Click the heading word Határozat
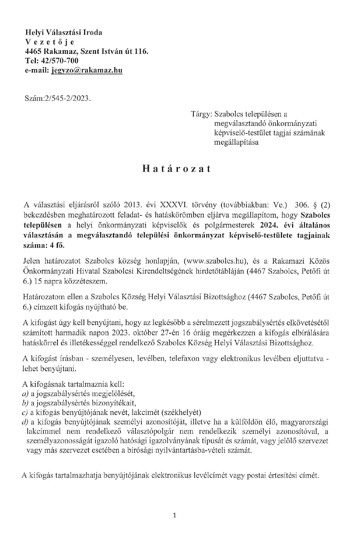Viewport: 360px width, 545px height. click(x=177, y=169)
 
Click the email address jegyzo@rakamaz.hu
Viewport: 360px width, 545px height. click(x=87, y=70)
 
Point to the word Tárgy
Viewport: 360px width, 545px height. click(x=201, y=114)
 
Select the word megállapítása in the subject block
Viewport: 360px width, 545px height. click(x=236, y=142)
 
